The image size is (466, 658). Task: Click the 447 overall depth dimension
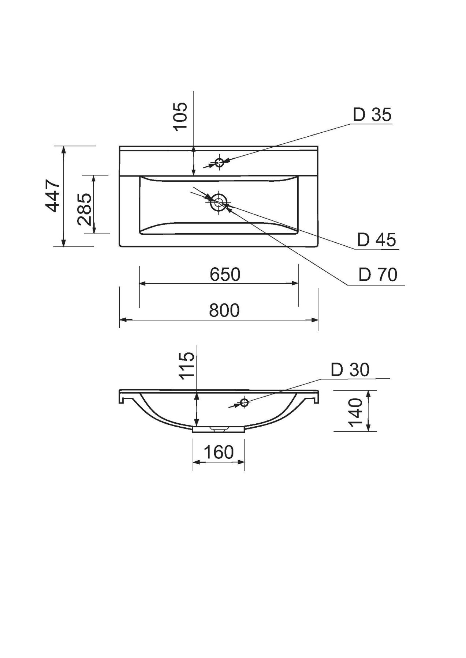(x=53, y=196)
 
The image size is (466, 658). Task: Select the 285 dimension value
(x=85, y=209)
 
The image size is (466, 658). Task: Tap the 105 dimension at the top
(x=180, y=116)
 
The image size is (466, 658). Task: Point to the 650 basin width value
(x=225, y=274)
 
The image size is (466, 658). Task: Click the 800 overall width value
(x=224, y=310)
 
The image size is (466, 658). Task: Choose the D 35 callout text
(x=372, y=114)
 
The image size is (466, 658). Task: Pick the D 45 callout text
(x=377, y=240)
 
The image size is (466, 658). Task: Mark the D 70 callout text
(x=378, y=275)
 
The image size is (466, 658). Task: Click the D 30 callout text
(x=350, y=370)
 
